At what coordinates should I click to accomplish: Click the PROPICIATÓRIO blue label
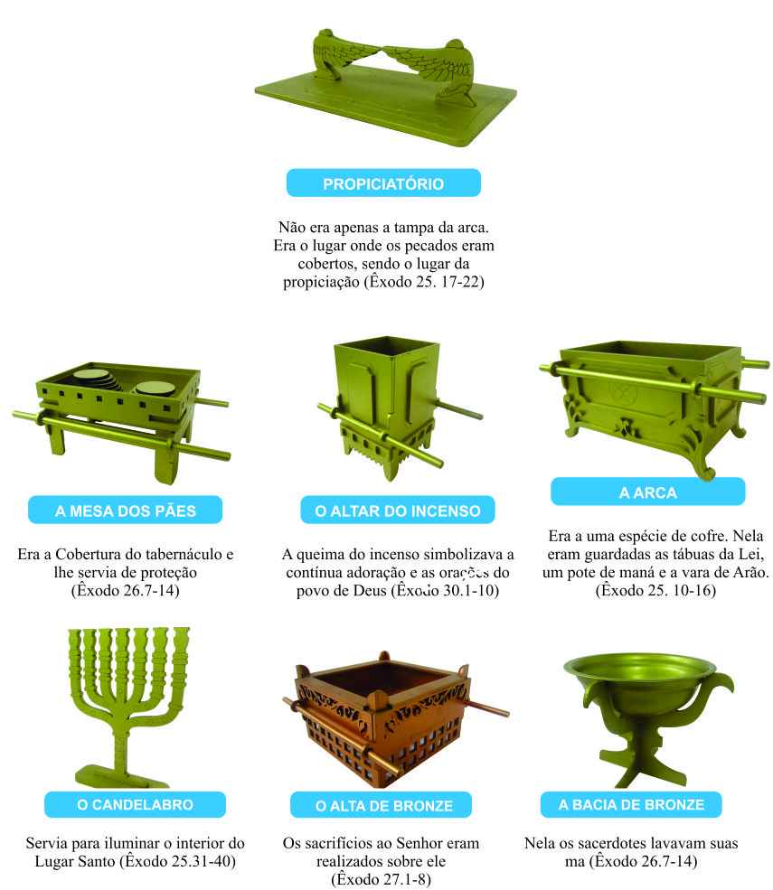(383, 183)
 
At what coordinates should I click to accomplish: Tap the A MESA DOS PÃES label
(125, 511)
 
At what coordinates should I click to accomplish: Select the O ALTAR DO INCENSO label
(398, 511)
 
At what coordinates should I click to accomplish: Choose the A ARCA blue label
(647, 492)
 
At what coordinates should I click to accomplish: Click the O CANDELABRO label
(135, 805)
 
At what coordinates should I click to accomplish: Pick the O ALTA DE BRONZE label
(384, 805)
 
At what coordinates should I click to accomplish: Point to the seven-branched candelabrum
(130, 687)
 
